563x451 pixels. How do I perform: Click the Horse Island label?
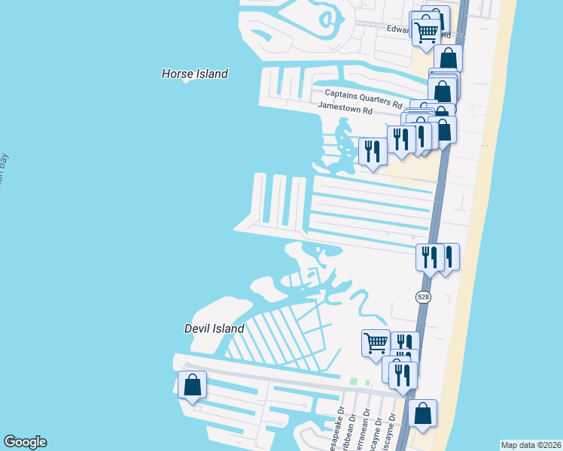coord(195,74)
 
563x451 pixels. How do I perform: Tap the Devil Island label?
coord(215,328)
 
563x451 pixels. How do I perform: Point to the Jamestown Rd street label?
coord(345,108)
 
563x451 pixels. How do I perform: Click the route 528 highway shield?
coord(423,297)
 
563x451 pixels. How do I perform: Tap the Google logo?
coord(26,442)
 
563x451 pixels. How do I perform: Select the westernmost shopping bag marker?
coord(193,385)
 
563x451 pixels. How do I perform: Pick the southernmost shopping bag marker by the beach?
coord(423,413)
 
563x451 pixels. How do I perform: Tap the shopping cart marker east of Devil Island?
coord(376,343)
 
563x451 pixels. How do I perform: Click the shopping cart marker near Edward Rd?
coord(427,31)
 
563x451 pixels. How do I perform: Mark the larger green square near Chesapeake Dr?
coord(353,382)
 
